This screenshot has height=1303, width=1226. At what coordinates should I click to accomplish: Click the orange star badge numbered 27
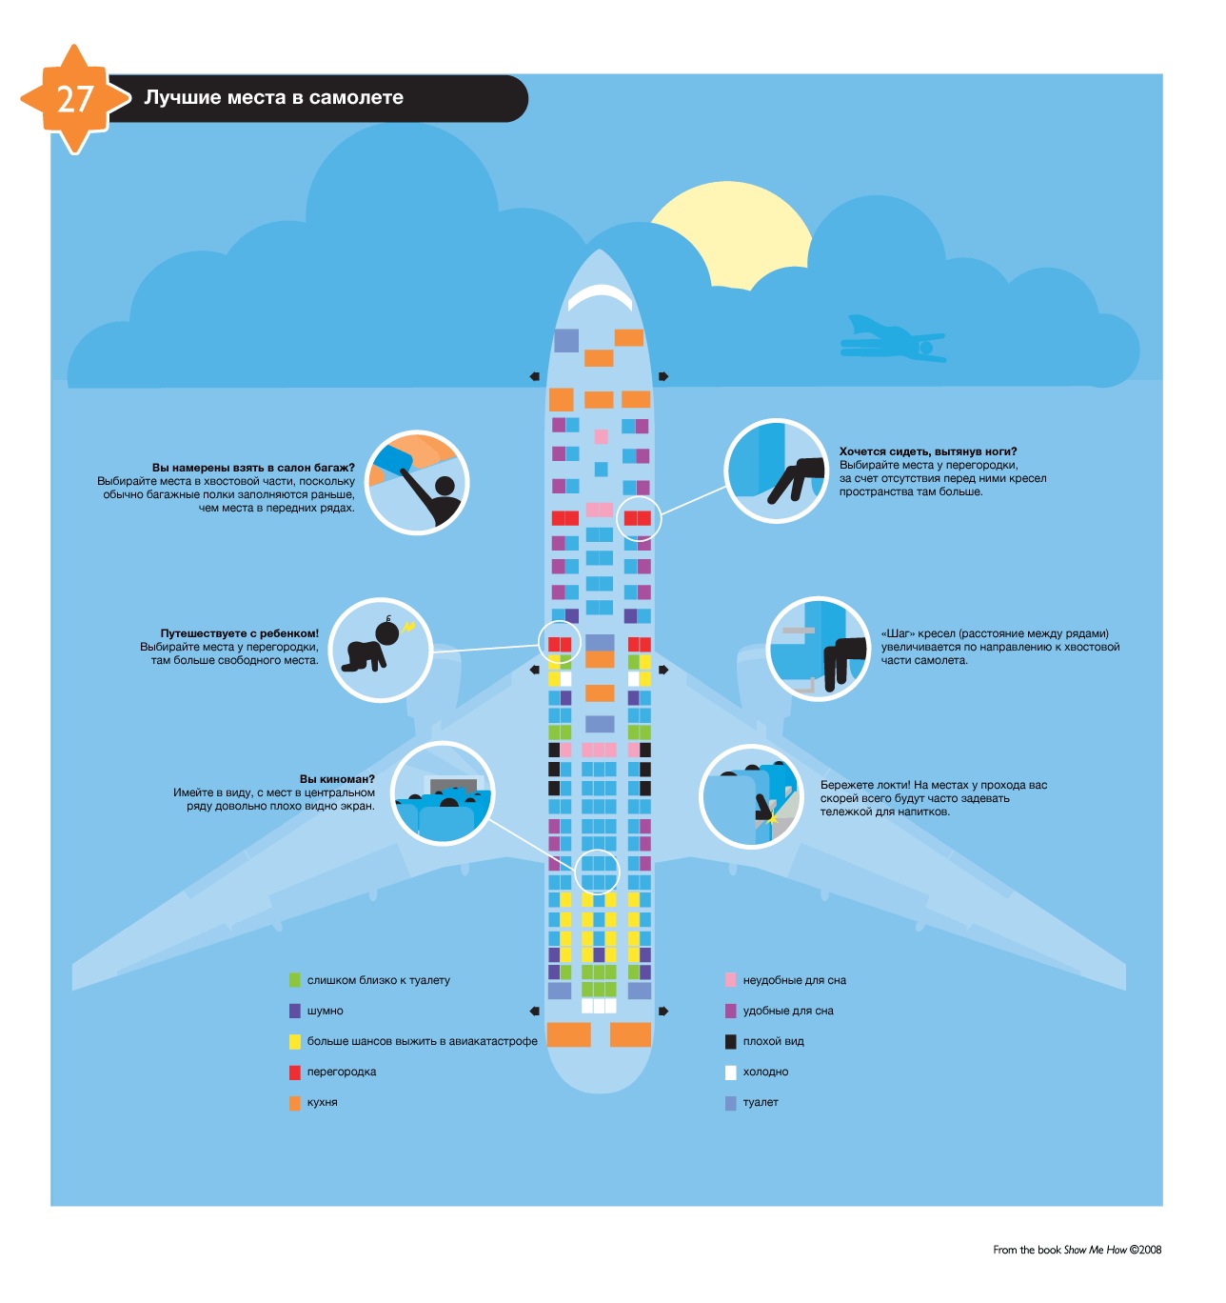pyautogui.click(x=74, y=99)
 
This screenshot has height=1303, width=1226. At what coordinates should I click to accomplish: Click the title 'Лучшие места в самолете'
pyautogui.click(x=274, y=98)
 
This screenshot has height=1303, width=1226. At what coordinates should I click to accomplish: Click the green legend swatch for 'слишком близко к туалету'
pyautogui.click(x=295, y=980)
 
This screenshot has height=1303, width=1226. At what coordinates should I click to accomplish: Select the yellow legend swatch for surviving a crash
pyautogui.click(x=295, y=1041)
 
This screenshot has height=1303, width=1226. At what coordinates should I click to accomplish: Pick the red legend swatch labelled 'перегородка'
pyautogui.click(x=295, y=1072)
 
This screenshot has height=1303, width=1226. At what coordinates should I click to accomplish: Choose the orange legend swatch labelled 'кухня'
pyautogui.click(x=295, y=1102)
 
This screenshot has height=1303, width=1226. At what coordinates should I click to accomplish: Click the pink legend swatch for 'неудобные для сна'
pyautogui.click(x=731, y=980)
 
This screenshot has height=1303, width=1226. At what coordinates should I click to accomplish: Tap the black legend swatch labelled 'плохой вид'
pyautogui.click(x=731, y=1041)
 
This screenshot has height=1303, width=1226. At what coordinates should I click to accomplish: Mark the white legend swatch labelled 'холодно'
pyautogui.click(x=731, y=1072)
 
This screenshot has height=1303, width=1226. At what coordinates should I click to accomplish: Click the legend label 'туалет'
pyautogui.click(x=761, y=1102)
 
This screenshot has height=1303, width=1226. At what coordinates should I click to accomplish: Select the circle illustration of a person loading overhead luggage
pyautogui.click(x=417, y=482)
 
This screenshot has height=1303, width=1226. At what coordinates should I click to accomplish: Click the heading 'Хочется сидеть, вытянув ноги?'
pyautogui.click(x=928, y=451)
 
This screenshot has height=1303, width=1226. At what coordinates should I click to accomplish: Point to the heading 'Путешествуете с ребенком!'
pyautogui.click(x=239, y=633)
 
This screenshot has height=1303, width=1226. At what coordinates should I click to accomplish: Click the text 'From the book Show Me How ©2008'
pyautogui.click(x=1077, y=1250)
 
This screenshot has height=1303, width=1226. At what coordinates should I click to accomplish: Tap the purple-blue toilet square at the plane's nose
pyautogui.click(x=566, y=340)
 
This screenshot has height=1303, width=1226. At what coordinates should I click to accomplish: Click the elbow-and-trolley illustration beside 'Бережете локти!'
pyautogui.click(x=752, y=797)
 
